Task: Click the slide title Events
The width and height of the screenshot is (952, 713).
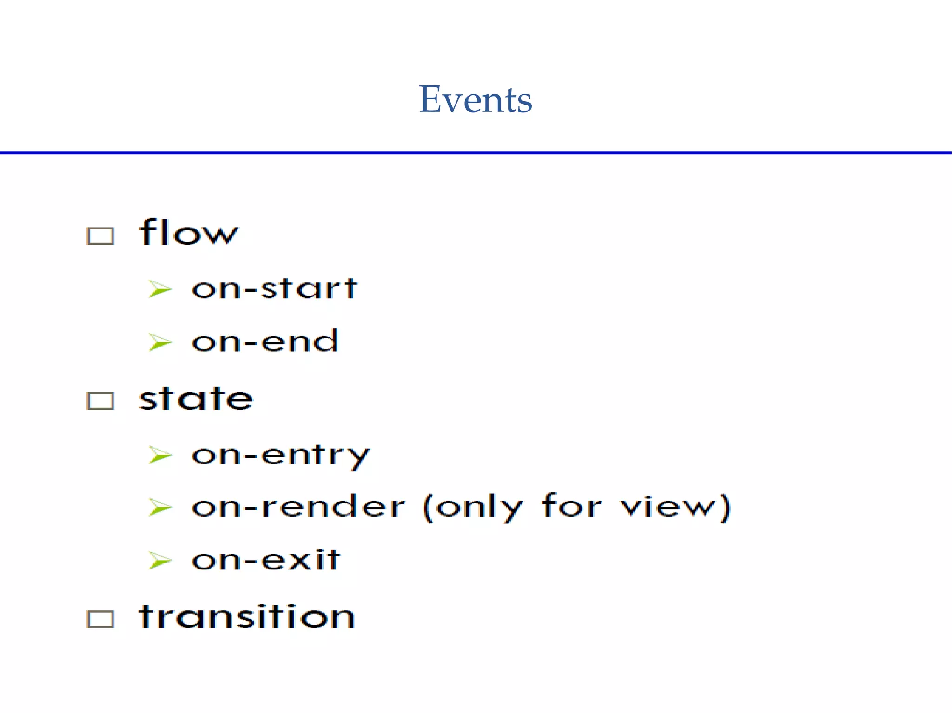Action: pyautogui.click(x=475, y=99)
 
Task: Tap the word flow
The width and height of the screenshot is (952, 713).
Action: pyautogui.click(x=189, y=232)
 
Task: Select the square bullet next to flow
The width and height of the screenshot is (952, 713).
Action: pyautogui.click(x=100, y=236)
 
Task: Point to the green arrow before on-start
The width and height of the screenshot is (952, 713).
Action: pyautogui.click(x=160, y=289)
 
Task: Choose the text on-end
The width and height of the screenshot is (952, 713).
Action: pyautogui.click(x=265, y=341)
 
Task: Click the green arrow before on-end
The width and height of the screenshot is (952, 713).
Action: pyautogui.click(x=160, y=343)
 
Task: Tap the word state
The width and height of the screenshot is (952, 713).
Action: pyautogui.click(x=196, y=399)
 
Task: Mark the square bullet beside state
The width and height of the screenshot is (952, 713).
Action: pyautogui.click(x=100, y=401)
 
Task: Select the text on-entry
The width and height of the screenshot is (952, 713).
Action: pyautogui.click(x=280, y=455)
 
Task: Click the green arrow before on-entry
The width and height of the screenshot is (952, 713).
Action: pyautogui.click(x=160, y=455)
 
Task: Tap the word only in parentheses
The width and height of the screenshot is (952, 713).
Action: pyautogui.click(x=480, y=507)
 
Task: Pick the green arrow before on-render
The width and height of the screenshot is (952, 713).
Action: pyautogui.click(x=160, y=507)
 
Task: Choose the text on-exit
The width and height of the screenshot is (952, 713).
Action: pyautogui.click(x=266, y=560)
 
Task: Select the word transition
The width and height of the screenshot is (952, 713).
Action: pyautogui.click(x=247, y=617)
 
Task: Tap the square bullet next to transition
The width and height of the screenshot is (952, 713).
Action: pyautogui.click(x=100, y=619)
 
